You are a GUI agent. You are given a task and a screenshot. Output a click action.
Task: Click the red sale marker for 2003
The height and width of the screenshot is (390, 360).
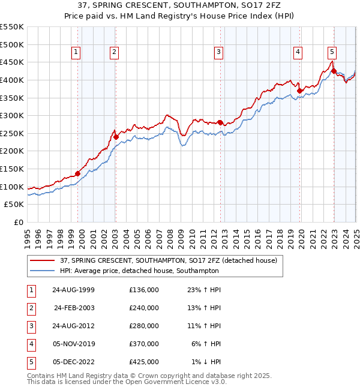116,137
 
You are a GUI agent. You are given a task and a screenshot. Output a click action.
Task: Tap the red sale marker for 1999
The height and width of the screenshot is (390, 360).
78,173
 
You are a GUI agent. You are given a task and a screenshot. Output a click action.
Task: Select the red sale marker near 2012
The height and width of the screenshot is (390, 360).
220,122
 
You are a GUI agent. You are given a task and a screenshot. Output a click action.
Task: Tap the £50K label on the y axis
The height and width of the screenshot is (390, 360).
14,205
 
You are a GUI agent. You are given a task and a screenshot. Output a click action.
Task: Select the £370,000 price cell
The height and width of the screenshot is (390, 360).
144,344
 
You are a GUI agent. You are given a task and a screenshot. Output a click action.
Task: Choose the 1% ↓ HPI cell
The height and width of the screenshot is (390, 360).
206,362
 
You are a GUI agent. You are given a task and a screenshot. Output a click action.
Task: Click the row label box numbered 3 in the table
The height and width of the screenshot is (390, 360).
31,326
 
